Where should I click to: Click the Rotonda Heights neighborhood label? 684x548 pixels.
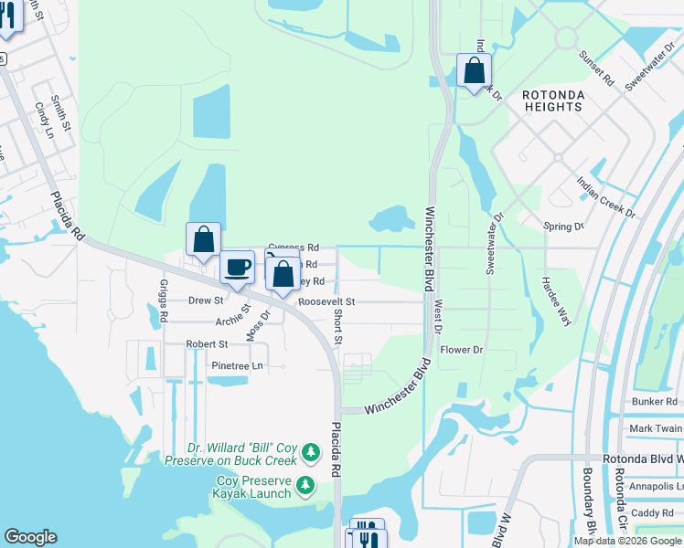click(x=551, y=100)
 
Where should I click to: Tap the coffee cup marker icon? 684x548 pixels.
click(x=237, y=268)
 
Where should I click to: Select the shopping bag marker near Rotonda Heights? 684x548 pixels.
click(x=474, y=70)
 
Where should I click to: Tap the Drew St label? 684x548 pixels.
click(x=206, y=300)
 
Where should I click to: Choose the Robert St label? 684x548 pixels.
click(x=207, y=344)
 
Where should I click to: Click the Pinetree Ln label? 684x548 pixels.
click(x=237, y=365)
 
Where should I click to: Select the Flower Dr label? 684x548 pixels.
click(x=461, y=350)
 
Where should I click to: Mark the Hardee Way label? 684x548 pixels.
click(x=556, y=298)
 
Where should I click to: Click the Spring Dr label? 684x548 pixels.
click(x=562, y=227)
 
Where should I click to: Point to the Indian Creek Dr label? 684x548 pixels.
click(x=605, y=195)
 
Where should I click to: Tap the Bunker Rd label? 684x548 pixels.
click(x=655, y=401)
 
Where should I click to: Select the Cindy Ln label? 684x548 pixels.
click(x=43, y=120)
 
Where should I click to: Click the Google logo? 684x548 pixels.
click(x=29, y=537)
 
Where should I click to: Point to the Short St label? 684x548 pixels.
click(x=337, y=326)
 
